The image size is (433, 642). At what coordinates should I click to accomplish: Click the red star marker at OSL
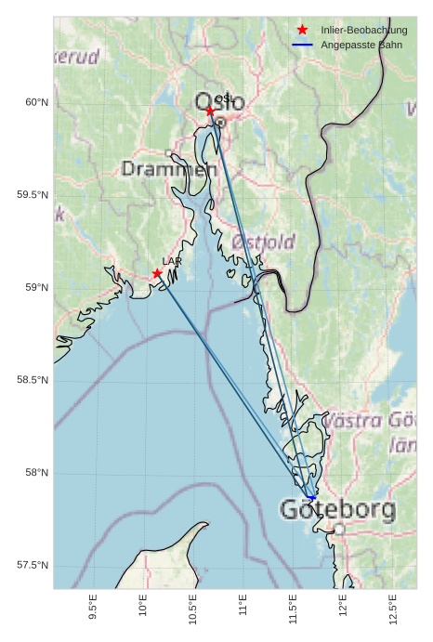[210, 111]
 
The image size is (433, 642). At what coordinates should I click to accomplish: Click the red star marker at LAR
[157, 273]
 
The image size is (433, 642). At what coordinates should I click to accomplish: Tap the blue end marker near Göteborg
[312, 497]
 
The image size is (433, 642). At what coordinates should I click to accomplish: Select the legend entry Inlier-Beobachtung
[363, 31]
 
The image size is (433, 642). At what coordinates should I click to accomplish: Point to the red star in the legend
[302, 30]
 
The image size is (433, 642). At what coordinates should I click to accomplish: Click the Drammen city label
[168, 169]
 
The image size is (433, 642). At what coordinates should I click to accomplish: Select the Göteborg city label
[337, 509]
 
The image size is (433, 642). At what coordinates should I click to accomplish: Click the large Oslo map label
[219, 101]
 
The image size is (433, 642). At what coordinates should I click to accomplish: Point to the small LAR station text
[172, 261]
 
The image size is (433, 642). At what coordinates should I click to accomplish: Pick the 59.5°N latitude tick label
[33, 195]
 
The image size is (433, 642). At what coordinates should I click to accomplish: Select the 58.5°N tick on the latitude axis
[33, 380]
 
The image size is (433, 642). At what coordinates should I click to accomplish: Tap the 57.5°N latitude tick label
[33, 566]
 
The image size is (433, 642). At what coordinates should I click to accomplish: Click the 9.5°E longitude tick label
[92, 605]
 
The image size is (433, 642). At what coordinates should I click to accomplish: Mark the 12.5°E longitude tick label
[393, 605]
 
